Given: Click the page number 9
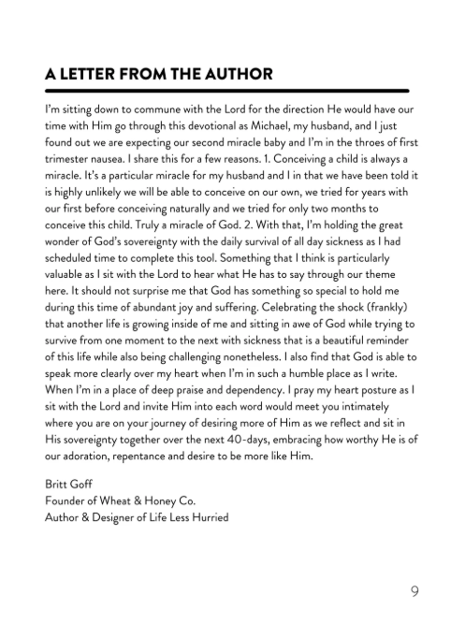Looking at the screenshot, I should coord(414,590).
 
